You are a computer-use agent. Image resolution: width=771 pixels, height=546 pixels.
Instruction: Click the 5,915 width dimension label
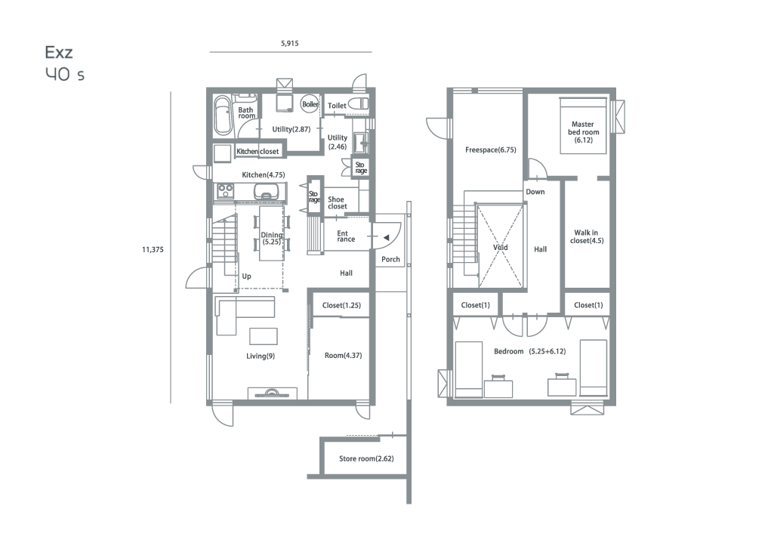tap(290, 43)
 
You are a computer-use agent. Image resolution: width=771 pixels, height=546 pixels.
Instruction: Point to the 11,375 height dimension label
tap(153, 249)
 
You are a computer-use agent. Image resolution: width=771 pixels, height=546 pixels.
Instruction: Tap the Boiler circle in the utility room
tap(310, 104)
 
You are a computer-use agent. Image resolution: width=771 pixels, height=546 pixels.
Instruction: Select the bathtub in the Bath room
tap(223, 116)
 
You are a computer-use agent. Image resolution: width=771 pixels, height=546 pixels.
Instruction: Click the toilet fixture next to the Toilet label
tap(359, 104)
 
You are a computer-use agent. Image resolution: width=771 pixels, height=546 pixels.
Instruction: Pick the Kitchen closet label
tap(258, 152)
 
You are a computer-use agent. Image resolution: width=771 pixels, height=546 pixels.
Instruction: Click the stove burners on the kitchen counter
tap(226, 191)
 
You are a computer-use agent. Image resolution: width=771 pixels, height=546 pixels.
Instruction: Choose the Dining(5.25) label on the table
tap(271, 239)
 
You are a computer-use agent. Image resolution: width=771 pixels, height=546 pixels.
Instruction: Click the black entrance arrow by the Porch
tap(387, 238)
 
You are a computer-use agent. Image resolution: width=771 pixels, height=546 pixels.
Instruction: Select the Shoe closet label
tap(337, 202)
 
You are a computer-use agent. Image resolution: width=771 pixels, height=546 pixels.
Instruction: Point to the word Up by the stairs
tap(246, 276)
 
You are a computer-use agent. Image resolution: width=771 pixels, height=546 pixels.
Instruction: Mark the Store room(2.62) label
tap(366, 458)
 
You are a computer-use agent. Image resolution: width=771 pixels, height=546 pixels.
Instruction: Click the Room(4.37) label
tap(344, 355)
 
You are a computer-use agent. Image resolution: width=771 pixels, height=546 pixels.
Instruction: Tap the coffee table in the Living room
tap(264, 337)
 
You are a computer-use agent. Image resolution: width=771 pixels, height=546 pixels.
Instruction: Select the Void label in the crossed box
tap(501, 248)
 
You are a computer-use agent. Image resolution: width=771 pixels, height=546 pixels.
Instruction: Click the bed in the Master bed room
tap(583, 126)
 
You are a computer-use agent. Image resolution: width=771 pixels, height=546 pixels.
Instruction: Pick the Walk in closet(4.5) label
tap(587, 236)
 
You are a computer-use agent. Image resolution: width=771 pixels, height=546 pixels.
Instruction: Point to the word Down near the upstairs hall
tap(535, 192)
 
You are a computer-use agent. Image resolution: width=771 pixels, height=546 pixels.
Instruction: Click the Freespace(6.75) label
tap(491, 150)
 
